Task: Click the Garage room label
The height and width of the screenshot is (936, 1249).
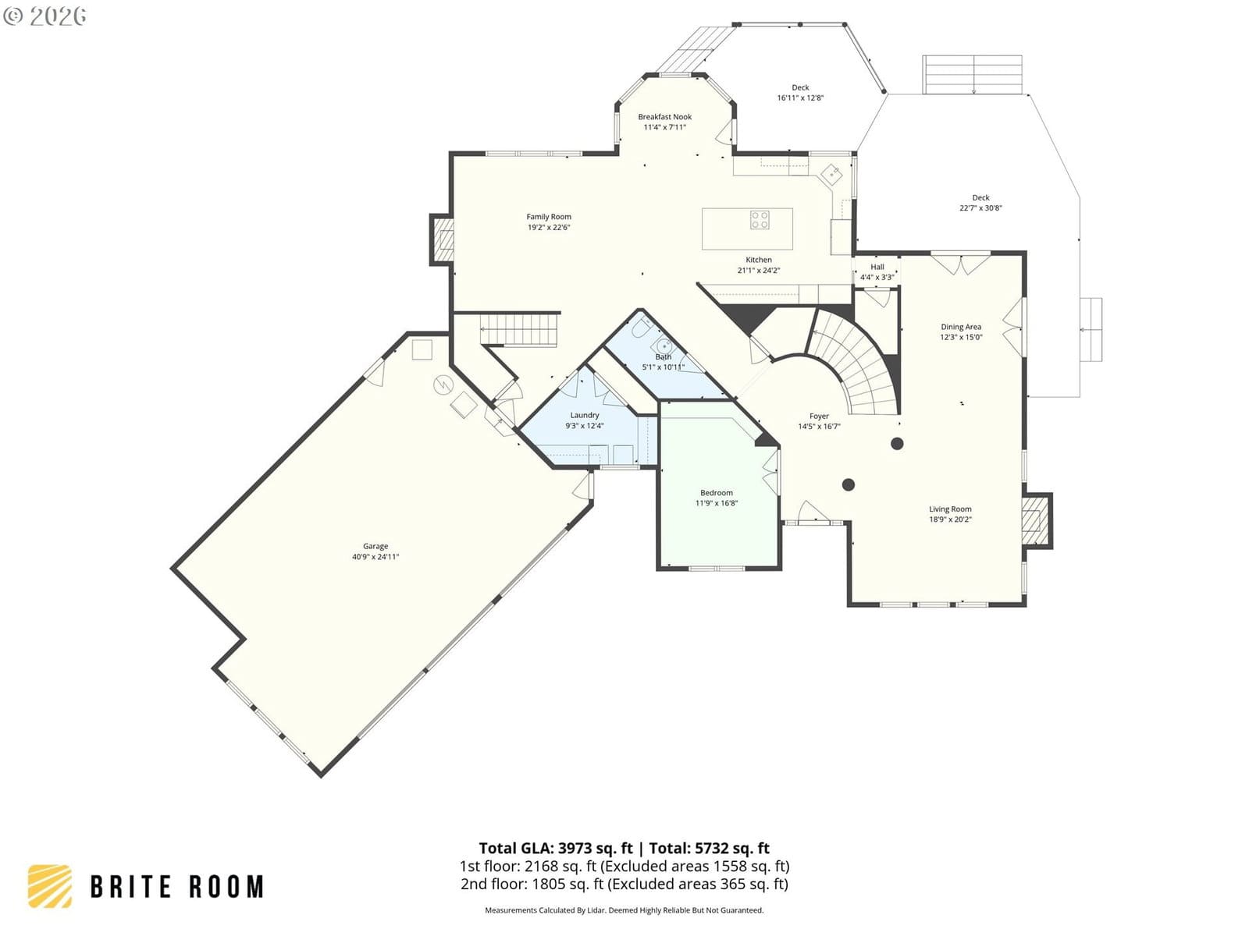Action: click(375, 546)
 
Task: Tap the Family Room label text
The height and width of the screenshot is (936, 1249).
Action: click(549, 217)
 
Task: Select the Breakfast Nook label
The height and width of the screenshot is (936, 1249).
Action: click(664, 116)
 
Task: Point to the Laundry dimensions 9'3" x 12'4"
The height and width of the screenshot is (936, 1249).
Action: click(585, 426)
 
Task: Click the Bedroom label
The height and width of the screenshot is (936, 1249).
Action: click(717, 493)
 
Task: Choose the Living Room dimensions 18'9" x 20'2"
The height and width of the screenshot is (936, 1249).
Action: click(950, 519)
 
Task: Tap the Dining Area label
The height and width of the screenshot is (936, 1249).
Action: click(961, 327)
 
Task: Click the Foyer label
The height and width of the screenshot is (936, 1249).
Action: click(819, 416)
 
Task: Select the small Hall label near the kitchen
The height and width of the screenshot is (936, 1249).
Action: click(877, 267)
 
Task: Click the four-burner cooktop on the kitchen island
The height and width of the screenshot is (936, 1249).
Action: click(760, 219)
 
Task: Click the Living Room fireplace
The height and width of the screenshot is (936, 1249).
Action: click(1036, 520)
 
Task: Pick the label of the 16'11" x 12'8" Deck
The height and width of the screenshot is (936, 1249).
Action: click(800, 87)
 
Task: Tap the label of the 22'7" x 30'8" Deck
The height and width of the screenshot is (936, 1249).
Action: click(980, 198)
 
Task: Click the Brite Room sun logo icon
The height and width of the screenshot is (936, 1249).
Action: click(50, 886)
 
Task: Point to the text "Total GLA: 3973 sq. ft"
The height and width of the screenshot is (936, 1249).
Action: click(555, 848)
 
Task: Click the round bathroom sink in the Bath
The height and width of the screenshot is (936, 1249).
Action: click(664, 346)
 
